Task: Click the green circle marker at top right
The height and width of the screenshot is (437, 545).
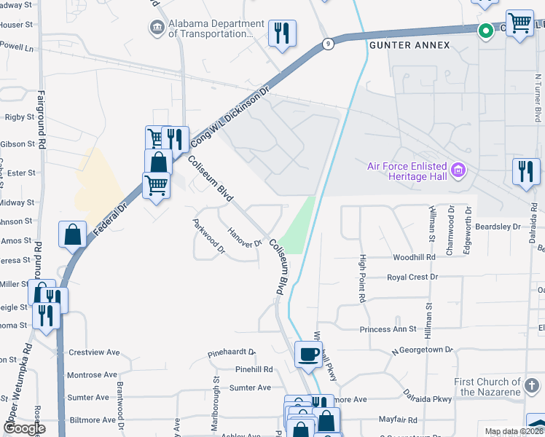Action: [x=485, y=31]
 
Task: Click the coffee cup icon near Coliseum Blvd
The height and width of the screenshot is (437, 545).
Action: [x=308, y=355]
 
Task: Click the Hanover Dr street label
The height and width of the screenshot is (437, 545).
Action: [x=245, y=237]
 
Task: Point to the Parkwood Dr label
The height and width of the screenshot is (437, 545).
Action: [x=208, y=237]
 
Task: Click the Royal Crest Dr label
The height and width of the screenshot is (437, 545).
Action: [x=412, y=277]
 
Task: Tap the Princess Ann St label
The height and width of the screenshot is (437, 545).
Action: [x=388, y=329]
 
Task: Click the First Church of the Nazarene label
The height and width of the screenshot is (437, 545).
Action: [x=488, y=387]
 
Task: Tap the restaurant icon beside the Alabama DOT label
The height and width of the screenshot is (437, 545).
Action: [x=282, y=33]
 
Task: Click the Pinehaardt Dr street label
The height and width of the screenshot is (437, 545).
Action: [x=232, y=352]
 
